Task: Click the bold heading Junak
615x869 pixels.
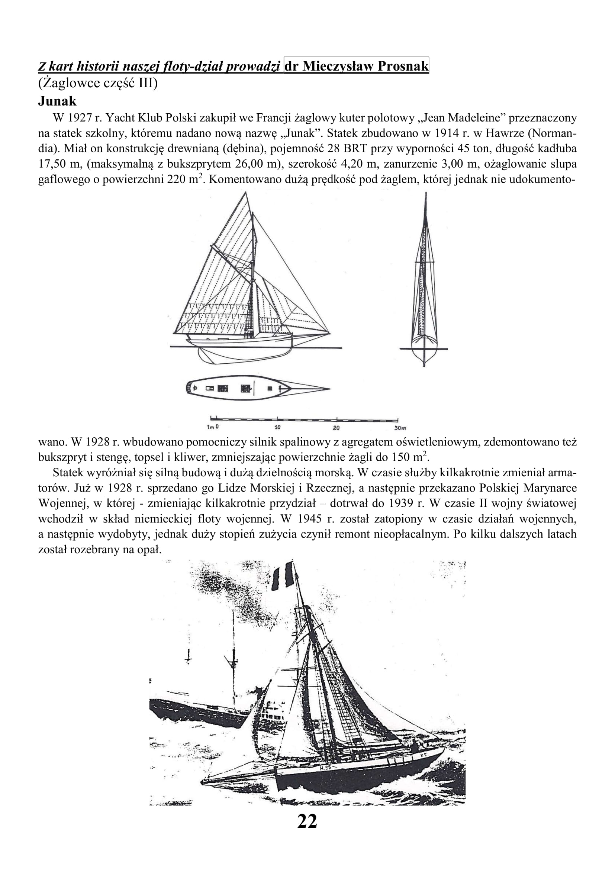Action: [x=57, y=101]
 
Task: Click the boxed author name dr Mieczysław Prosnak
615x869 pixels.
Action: [x=356, y=66]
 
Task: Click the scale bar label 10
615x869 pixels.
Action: [x=277, y=428]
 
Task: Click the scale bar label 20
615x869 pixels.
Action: [x=336, y=428]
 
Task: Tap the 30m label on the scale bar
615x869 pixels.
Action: [x=399, y=428]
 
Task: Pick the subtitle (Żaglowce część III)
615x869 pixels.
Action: [x=98, y=83]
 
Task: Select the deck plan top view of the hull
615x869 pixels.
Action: [x=258, y=388]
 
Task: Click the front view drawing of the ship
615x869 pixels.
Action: [x=424, y=280]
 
